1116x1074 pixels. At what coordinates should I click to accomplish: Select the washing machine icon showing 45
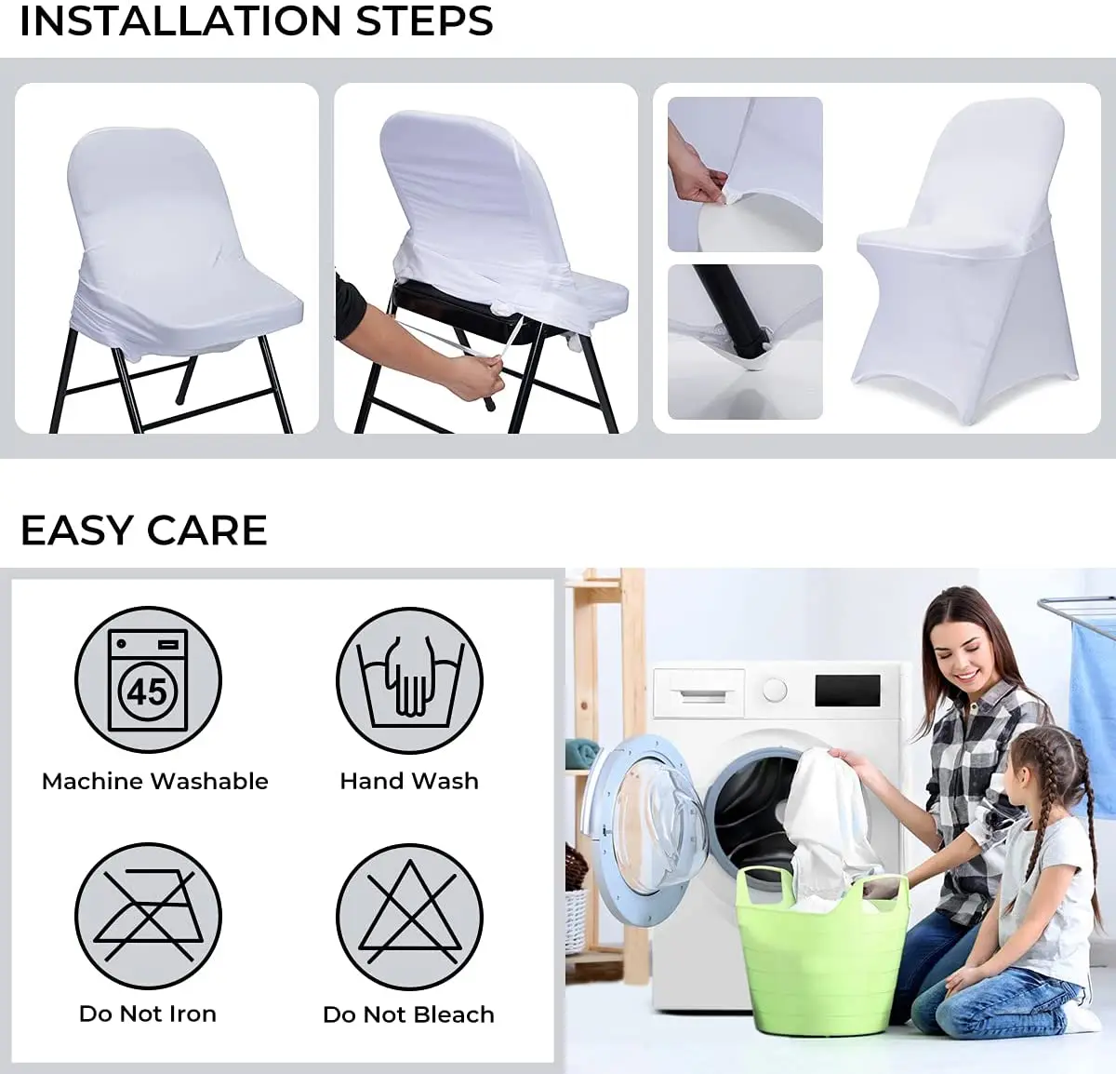coord(148,680)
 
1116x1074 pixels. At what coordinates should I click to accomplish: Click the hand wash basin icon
coord(409,680)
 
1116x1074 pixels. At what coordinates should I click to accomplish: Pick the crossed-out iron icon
coord(148,916)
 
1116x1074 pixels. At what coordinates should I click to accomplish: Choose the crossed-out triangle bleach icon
coord(409,916)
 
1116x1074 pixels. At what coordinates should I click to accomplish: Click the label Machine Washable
coord(155,782)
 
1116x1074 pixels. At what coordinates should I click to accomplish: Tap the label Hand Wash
coord(409,782)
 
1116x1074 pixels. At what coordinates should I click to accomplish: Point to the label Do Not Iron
coord(148,1014)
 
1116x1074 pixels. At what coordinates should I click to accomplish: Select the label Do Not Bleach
coord(408,1014)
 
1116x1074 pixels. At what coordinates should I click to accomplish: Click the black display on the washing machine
coord(847,691)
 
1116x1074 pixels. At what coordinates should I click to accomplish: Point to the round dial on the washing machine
coord(775,691)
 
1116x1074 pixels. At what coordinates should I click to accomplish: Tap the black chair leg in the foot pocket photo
coord(724,307)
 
